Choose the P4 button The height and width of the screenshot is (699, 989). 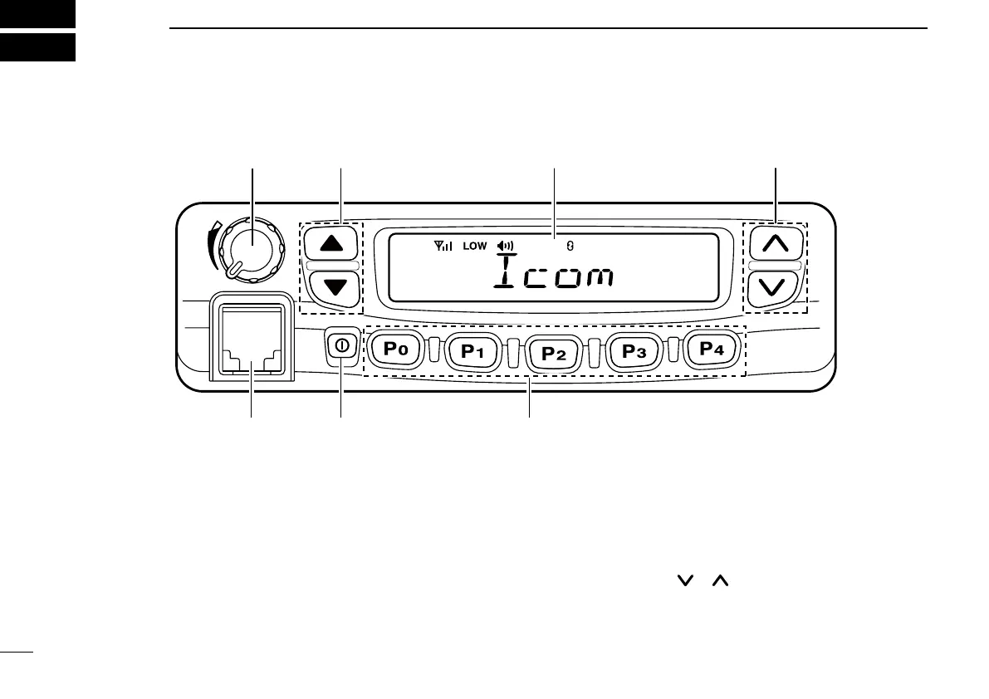pyautogui.click(x=712, y=349)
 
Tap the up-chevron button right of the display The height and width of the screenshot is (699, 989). pyautogui.click(x=774, y=243)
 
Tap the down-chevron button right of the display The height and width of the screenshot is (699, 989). pyautogui.click(x=774, y=289)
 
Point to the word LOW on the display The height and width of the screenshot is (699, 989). pyautogui.click(x=475, y=246)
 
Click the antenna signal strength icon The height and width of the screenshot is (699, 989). pyautogui.click(x=444, y=246)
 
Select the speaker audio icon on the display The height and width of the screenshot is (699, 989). pyautogui.click(x=505, y=246)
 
